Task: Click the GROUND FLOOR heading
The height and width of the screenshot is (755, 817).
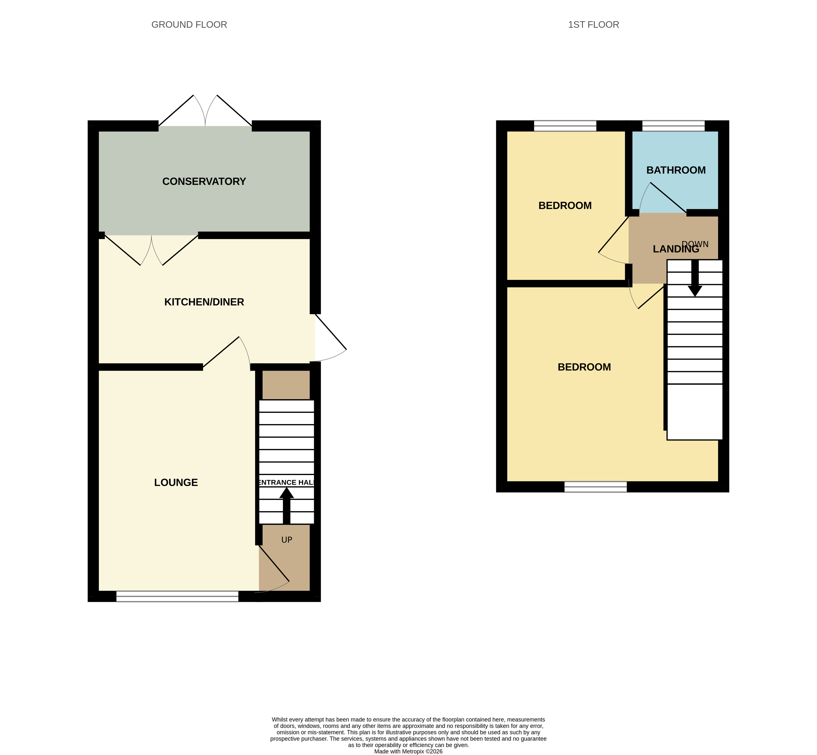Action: tap(189, 24)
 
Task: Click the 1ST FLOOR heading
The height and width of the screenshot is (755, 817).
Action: tap(593, 24)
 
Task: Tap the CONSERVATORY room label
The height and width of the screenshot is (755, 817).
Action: tap(204, 181)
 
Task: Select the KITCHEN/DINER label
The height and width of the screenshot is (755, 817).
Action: tap(204, 302)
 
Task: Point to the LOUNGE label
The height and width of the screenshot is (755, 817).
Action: tap(176, 483)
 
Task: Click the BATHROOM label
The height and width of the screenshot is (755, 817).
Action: tap(676, 170)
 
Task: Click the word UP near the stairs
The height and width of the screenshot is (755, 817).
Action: tap(287, 540)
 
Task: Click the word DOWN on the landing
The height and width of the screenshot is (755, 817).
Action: tap(695, 244)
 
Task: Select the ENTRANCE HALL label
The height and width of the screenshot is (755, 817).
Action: tap(287, 483)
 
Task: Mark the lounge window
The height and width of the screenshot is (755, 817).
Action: tap(177, 596)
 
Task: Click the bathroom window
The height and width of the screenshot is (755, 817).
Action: tap(673, 126)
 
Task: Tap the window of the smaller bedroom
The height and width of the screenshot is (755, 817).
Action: tap(565, 126)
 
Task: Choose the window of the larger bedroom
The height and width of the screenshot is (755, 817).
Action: tap(596, 486)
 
